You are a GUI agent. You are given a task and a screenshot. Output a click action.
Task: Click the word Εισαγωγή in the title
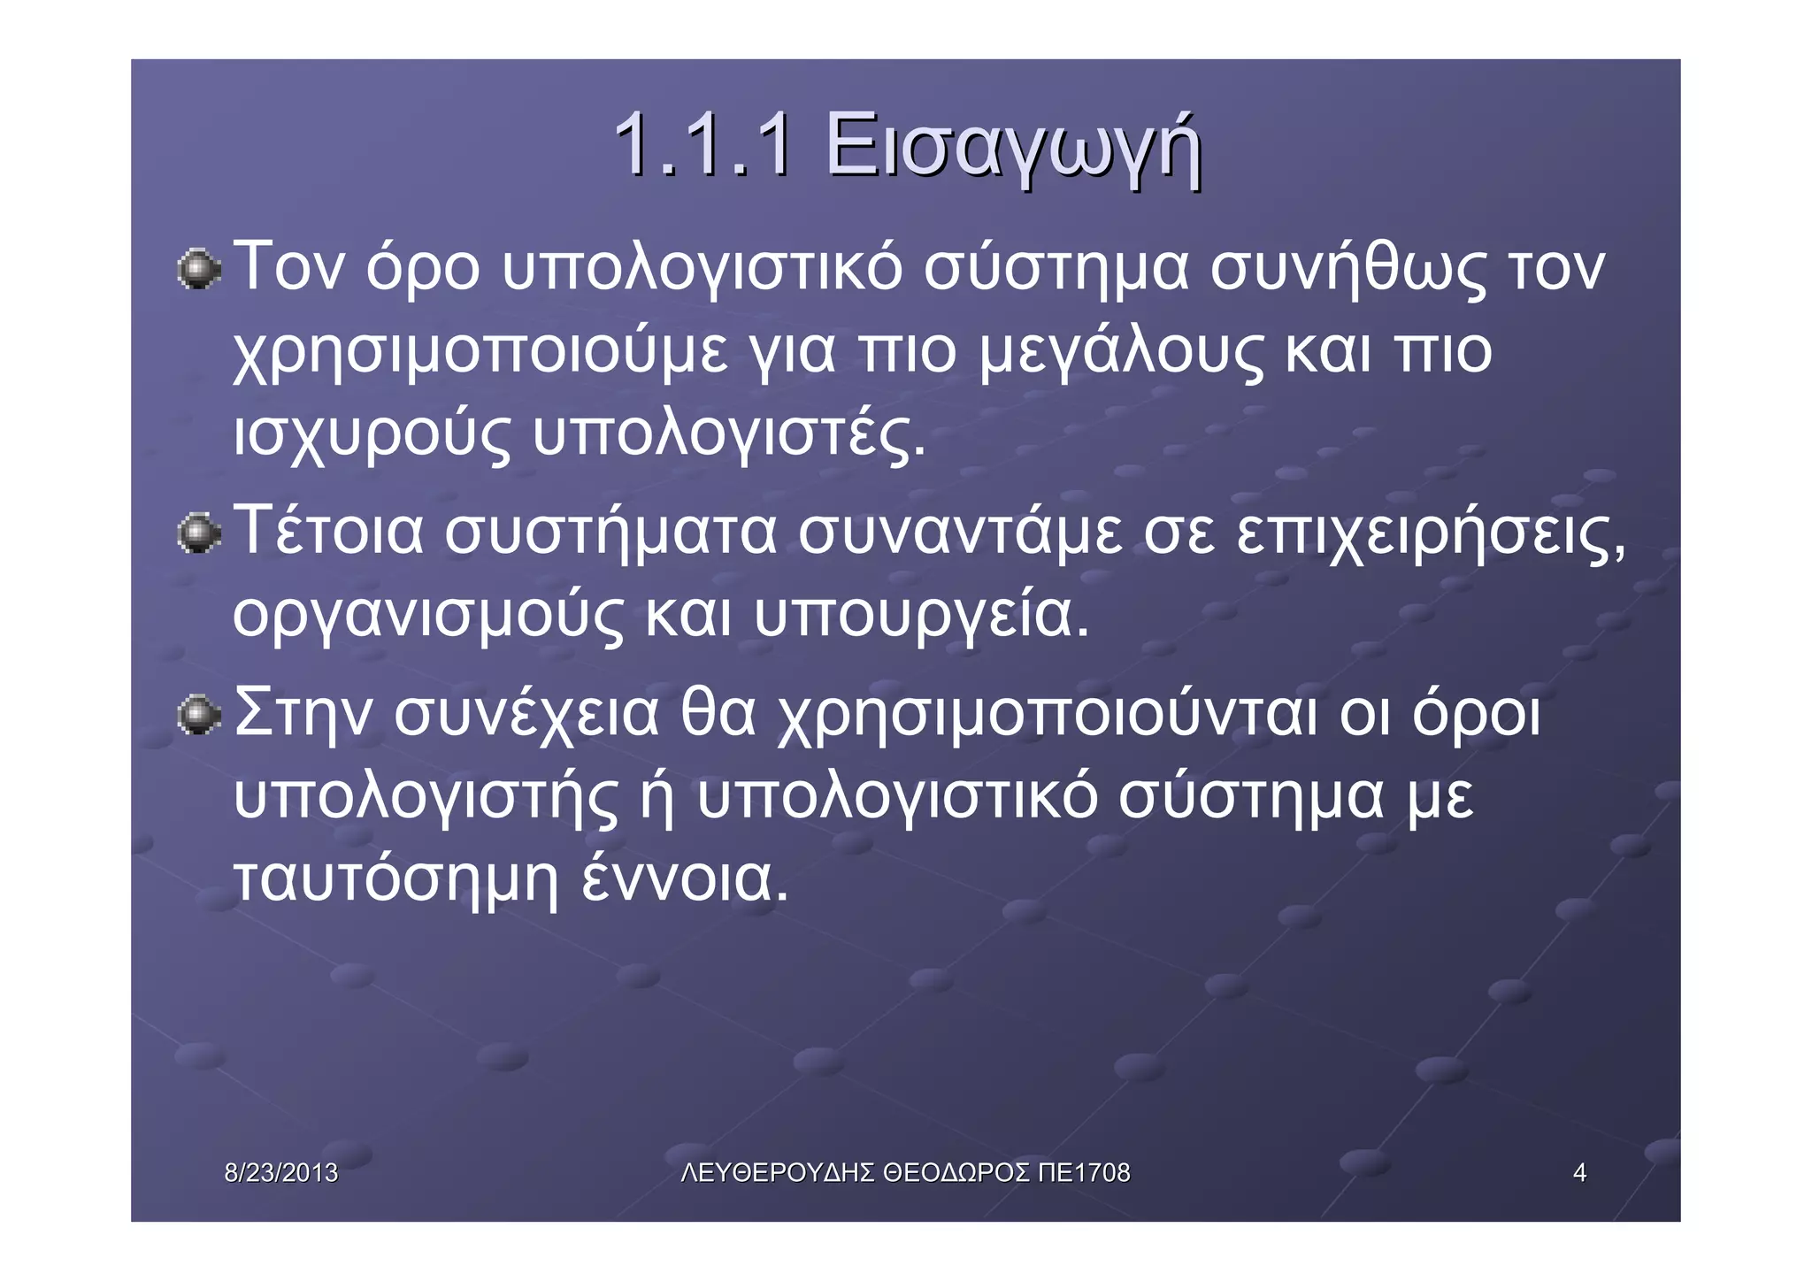[1013, 147]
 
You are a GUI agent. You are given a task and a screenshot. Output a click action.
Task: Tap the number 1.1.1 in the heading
[703, 145]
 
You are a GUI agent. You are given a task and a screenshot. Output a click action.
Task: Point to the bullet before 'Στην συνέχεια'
[198, 715]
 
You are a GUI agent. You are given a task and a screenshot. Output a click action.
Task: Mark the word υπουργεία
[920, 616]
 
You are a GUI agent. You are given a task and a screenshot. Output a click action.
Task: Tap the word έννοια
[684, 879]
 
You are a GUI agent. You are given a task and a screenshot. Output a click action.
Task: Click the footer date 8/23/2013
[281, 1173]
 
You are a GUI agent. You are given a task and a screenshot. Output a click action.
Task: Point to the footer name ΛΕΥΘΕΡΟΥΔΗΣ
[779, 1173]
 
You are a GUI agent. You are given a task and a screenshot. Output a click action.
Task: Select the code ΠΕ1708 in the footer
[1084, 1173]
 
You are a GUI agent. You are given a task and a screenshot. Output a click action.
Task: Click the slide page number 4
[1579, 1173]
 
